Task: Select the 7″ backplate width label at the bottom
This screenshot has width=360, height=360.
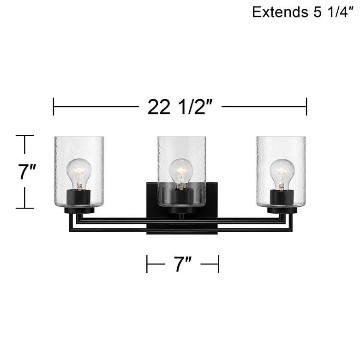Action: click(x=182, y=264)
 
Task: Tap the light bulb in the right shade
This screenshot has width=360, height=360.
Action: click(x=282, y=172)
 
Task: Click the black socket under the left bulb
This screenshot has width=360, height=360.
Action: click(x=79, y=197)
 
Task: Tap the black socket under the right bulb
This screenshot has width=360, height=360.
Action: click(x=282, y=197)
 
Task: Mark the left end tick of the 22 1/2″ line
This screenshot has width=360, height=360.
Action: click(x=54, y=107)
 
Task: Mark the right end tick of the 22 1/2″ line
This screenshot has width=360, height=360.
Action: click(x=306, y=107)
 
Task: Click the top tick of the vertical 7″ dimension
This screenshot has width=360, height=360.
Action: click(x=24, y=136)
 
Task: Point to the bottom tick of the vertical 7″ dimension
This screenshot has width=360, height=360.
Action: click(x=24, y=208)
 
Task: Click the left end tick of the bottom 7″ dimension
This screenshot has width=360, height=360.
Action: click(x=147, y=264)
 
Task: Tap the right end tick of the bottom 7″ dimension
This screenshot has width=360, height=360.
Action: click(x=218, y=264)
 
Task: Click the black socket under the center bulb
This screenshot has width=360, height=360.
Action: click(x=180, y=198)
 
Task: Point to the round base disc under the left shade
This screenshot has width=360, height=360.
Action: click(x=79, y=210)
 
